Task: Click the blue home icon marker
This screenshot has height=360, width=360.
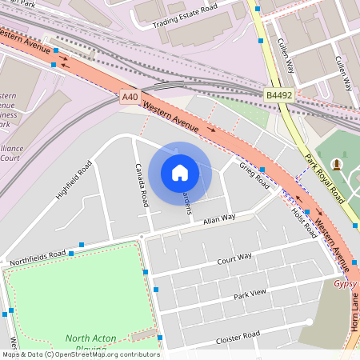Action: click(180, 173)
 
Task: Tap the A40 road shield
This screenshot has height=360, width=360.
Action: click(130, 97)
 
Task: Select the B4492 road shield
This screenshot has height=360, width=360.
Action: click(278, 95)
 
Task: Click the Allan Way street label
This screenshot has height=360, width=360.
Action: click(219, 218)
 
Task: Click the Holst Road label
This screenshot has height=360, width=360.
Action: click(304, 222)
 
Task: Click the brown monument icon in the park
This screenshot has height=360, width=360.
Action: click(337, 165)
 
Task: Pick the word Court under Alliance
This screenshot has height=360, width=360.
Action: click(10, 158)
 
